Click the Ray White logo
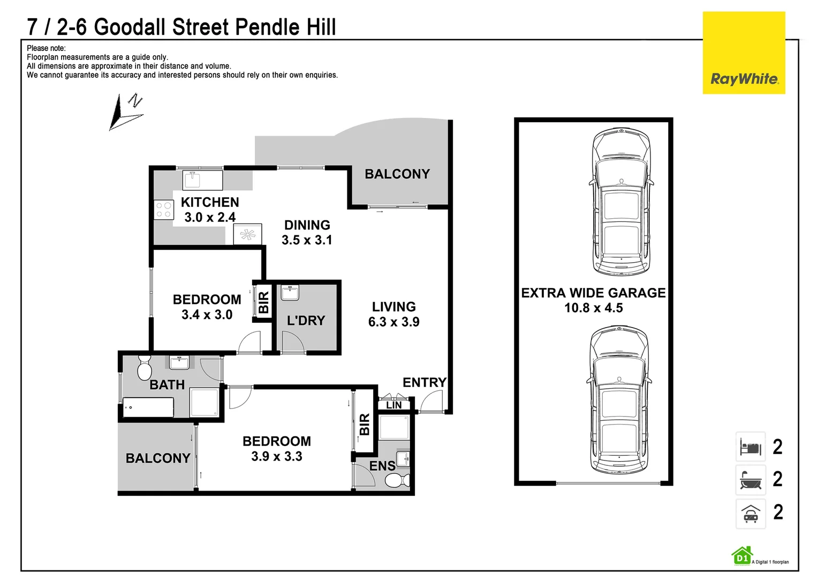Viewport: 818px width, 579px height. coord(744,53)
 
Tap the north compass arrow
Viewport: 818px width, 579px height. coord(126,112)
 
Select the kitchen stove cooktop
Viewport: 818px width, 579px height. coord(163,210)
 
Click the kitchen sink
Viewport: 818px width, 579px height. coord(202,180)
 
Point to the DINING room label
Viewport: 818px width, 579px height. coord(307,225)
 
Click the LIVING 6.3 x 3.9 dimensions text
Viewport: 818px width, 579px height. coord(393,322)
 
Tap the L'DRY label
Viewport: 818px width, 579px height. coord(306,321)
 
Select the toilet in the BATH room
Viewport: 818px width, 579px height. coord(145,367)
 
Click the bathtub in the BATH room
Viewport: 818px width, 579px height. coord(148,407)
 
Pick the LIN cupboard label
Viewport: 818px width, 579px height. coord(393,405)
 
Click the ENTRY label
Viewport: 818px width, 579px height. coord(425,382)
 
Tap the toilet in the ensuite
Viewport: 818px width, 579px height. coord(397,480)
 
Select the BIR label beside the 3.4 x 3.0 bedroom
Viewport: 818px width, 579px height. coord(263,302)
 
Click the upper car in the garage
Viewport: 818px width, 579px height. coord(621,202)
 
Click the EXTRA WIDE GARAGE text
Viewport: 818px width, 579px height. coord(593,293)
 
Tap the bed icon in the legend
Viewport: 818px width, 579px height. coord(751,447)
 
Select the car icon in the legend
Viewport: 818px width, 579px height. coord(751,514)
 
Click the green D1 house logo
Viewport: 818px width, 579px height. coord(741,555)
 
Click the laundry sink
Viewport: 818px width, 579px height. coord(290,293)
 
